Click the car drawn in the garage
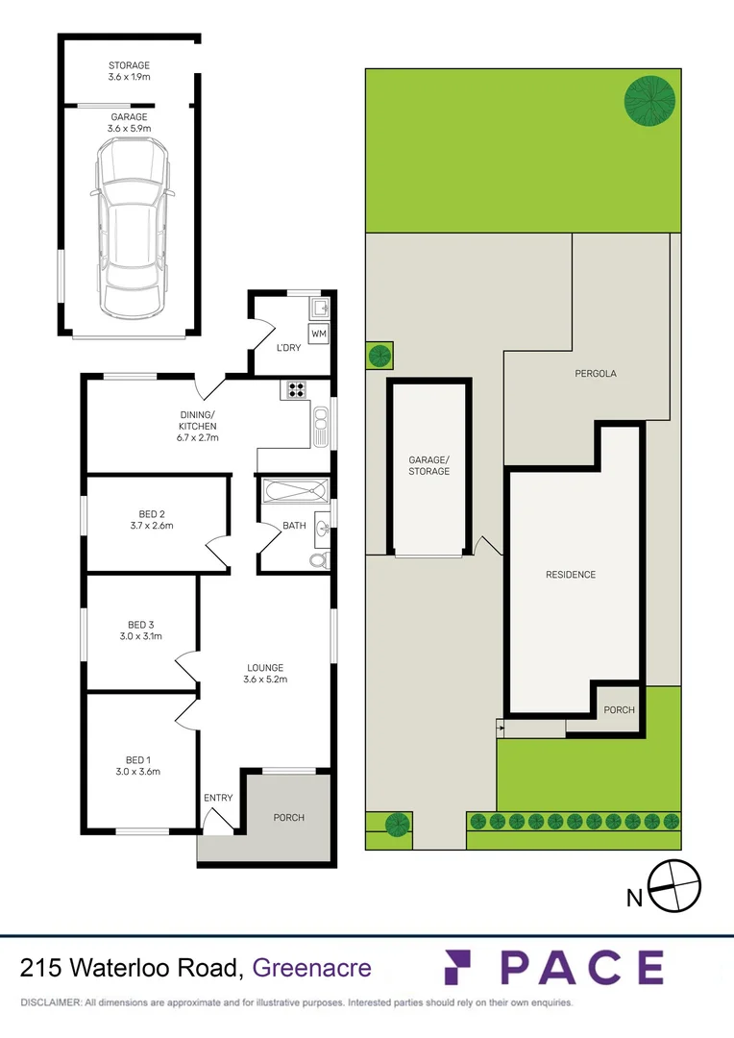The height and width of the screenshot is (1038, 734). (x=130, y=227)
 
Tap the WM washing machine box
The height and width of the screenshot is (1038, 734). (x=319, y=334)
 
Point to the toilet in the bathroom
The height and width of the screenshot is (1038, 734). (x=319, y=559)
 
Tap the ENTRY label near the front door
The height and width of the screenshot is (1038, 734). (x=218, y=798)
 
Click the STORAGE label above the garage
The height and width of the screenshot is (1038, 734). (x=130, y=66)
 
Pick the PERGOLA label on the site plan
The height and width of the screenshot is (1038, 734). (x=595, y=374)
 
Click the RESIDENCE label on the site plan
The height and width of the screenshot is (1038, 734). (x=571, y=575)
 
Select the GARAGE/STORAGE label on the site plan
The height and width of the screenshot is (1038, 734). (x=428, y=465)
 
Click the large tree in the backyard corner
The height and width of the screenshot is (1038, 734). (x=649, y=100)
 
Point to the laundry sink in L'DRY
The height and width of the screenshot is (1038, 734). (x=321, y=309)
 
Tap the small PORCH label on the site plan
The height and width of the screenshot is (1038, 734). (x=619, y=710)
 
